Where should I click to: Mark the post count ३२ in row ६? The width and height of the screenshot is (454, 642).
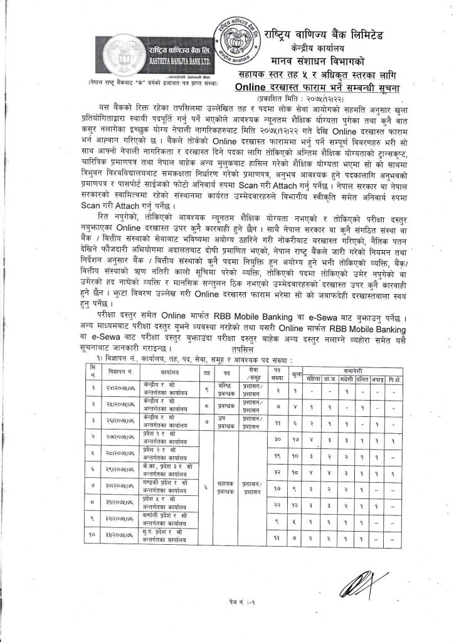coord(276,468)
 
